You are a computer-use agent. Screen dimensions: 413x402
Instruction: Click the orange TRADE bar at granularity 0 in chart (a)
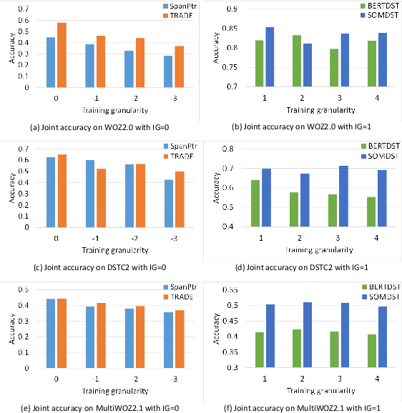coord(62,56)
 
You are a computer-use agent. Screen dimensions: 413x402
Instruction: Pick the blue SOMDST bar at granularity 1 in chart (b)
coord(270,57)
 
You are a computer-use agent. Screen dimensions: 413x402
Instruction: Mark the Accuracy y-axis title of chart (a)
coord(9,46)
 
